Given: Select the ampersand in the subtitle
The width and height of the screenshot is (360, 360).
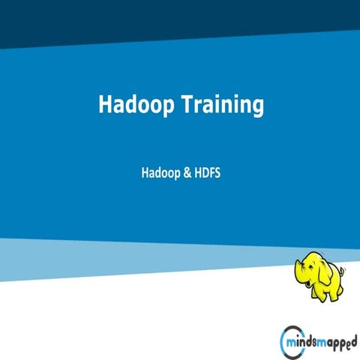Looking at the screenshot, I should [187, 172].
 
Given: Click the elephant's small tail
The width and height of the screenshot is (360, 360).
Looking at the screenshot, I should [344, 271].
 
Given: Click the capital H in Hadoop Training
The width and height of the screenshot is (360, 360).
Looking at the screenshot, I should [106, 105].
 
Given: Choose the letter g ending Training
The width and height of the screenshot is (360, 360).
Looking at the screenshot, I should [257, 108].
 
